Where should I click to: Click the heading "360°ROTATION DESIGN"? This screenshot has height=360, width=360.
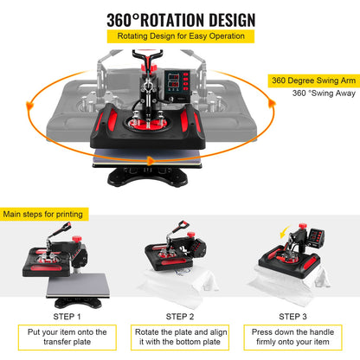pyautogui.click(x=180, y=19)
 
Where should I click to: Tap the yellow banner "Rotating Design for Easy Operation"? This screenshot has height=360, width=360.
pyautogui.click(x=180, y=37)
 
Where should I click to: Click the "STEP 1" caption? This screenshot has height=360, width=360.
pyautogui.click(x=67, y=317)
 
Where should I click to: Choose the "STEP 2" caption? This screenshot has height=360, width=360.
pyautogui.click(x=180, y=317)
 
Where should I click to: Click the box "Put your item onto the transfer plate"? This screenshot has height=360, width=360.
pyautogui.click(x=67, y=337)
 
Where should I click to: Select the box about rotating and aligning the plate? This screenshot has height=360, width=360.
pyautogui.click(x=180, y=337)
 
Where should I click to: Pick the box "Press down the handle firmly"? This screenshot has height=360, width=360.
pyautogui.click(x=292, y=337)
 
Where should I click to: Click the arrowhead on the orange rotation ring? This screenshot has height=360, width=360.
pyautogui.click(x=153, y=161)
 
